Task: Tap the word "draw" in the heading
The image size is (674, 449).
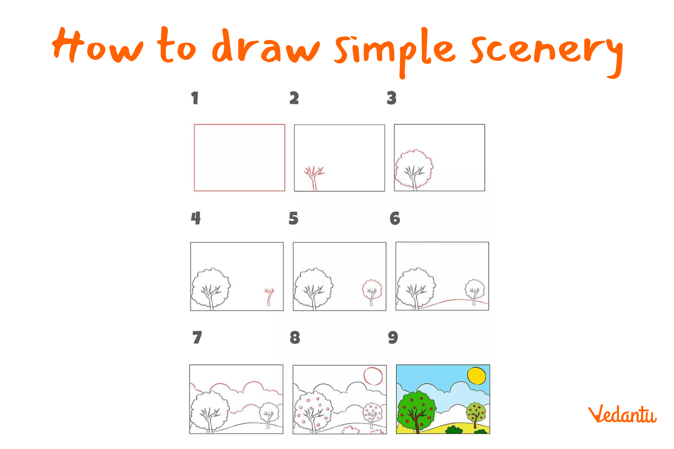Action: click(266, 46)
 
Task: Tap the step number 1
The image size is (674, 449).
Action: click(195, 98)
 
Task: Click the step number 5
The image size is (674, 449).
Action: click(293, 218)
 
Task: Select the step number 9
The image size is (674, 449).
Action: click(393, 337)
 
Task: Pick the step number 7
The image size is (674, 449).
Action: click(197, 337)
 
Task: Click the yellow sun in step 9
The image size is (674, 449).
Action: click(477, 376)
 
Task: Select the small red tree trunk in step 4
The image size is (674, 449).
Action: click(269, 297)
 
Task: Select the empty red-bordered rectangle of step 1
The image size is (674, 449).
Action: click(194, 158)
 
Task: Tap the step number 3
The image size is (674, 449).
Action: click(392, 98)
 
